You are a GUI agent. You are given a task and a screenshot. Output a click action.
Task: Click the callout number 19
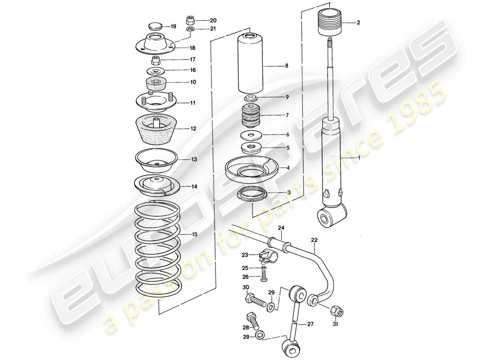point(173,27)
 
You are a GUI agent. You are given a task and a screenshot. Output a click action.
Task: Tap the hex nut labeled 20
point(189,20)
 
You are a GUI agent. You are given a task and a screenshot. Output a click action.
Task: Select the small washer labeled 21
point(190,29)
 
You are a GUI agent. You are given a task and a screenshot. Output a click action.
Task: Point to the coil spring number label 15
point(194,234)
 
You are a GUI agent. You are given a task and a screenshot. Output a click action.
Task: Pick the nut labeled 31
point(337,310)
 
